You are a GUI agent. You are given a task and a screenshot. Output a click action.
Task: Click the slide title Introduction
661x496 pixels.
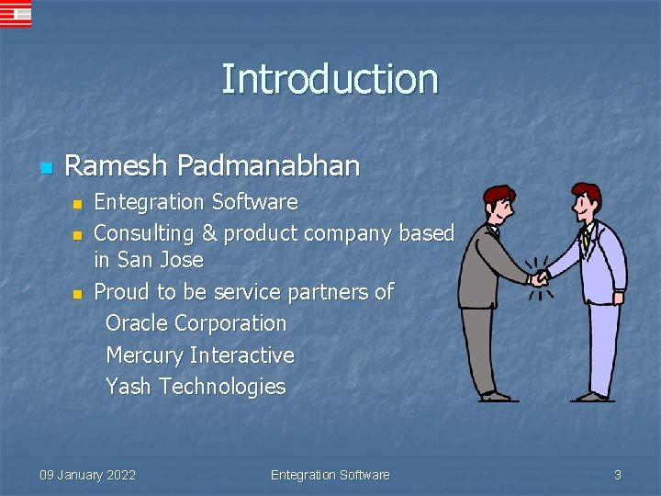[x=330, y=79]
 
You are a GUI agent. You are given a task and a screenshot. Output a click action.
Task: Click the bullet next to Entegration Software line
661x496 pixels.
[x=77, y=203]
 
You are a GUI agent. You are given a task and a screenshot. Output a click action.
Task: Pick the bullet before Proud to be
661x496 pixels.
[x=77, y=294]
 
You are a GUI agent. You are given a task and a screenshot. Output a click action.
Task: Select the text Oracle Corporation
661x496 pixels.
[x=196, y=323]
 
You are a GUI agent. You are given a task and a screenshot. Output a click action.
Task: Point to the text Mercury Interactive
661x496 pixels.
[x=200, y=355]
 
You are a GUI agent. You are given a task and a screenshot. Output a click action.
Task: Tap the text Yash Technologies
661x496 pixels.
[x=196, y=386]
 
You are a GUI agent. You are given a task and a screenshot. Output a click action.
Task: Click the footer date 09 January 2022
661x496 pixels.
[x=87, y=475]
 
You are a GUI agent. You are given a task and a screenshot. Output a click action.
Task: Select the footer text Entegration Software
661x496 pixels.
[x=330, y=475]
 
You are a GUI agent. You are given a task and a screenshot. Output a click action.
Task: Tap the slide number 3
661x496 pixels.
[x=617, y=475]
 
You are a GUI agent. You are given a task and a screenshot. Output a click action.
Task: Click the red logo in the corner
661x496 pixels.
[x=16, y=14]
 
